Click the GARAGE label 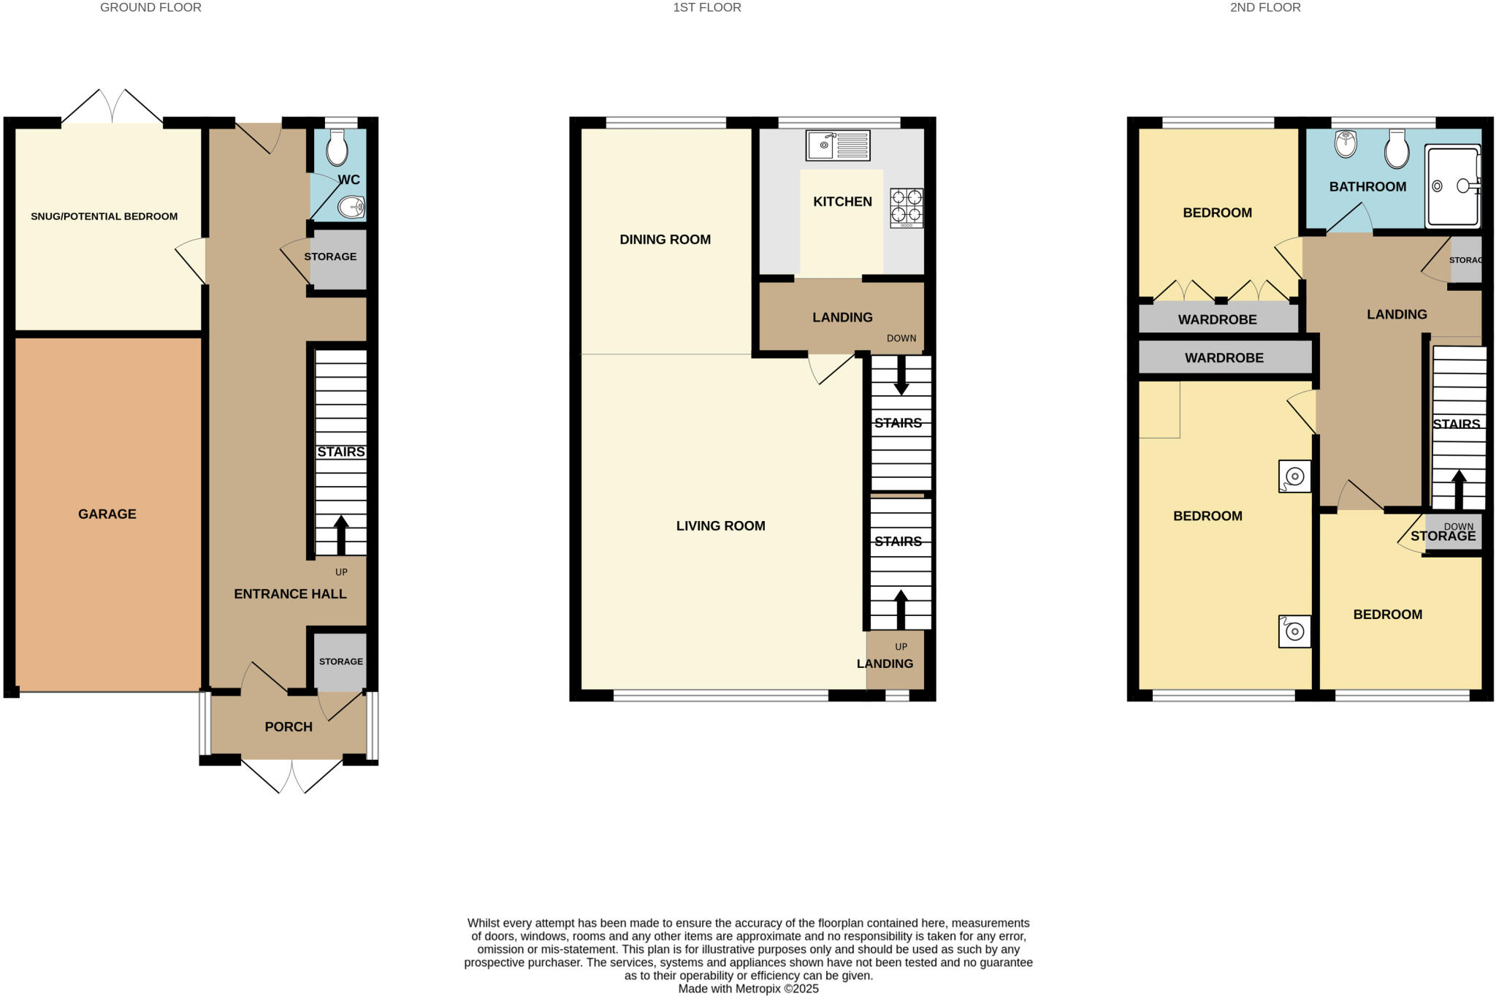(x=107, y=514)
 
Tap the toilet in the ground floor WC (x=337, y=148)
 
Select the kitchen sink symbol (x=838, y=145)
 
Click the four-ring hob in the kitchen (x=906, y=208)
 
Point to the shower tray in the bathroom (x=1452, y=186)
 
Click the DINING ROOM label (x=665, y=239)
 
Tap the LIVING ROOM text (x=720, y=525)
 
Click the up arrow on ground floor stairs (x=341, y=534)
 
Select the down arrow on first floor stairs (x=901, y=376)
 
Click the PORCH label (x=289, y=726)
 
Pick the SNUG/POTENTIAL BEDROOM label (x=104, y=216)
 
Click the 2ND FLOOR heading (x=1265, y=7)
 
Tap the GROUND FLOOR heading (x=150, y=7)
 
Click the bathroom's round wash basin (x=1345, y=143)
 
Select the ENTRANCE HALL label (x=290, y=593)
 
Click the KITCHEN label (x=842, y=201)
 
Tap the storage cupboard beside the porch (x=340, y=661)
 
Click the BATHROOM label (x=1367, y=186)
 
